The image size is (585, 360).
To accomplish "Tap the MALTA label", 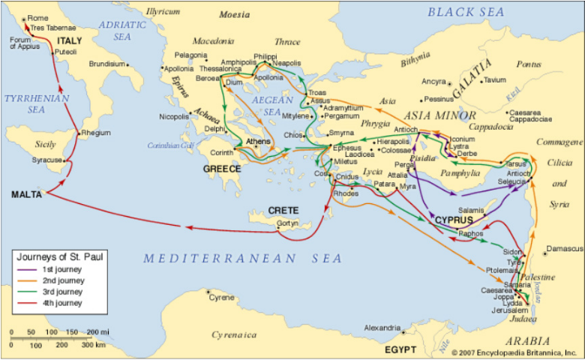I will (x=26, y=194).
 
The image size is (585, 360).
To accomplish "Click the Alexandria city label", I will (x=381, y=328).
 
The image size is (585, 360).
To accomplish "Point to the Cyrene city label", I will (x=221, y=298).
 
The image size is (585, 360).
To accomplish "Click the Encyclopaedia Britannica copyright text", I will (x=517, y=351).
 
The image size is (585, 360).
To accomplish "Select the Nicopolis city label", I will (x=174, y=117).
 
